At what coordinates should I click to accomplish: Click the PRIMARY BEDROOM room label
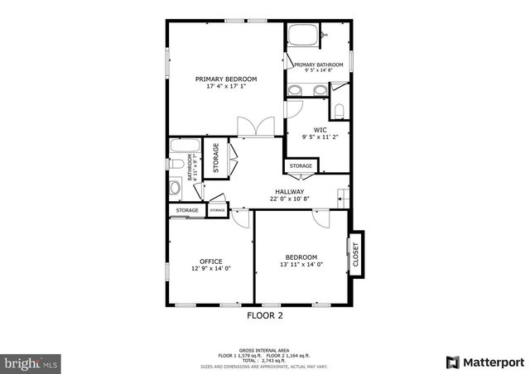click(226, 79)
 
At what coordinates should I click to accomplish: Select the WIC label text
click(320, 129)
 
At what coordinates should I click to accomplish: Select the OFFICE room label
click(210, 261)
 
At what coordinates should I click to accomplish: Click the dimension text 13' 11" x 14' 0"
click(301, 265)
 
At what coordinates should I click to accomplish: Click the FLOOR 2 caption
click(265, 315)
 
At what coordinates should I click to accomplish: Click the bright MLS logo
click(31, 362)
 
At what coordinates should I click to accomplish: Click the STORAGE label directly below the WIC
click(301, 166)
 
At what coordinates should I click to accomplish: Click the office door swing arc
click(241, 217)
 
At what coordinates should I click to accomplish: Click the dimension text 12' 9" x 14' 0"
click(210, 269)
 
